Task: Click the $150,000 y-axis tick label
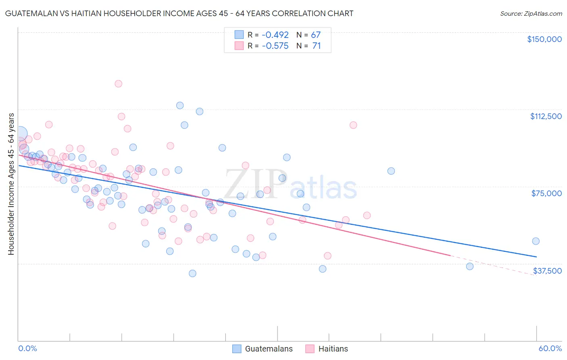pos(544,39)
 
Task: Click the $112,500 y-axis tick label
pos(546,116)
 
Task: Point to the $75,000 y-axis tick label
pos(546,193)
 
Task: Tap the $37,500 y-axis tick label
pos(547,271)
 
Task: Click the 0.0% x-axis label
pos(27,349)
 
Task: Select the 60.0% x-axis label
pos(550,349)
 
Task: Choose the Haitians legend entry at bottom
pos(327,349)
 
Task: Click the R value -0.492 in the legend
pos(275,35)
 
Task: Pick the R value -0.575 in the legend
pos(275,46)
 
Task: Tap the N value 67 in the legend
pos(316,35)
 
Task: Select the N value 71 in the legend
pos(316,46)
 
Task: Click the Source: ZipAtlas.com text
pos(531,14)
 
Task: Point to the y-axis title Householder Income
pos(11,184)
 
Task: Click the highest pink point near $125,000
pos(118,84)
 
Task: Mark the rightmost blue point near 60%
pos(536,241)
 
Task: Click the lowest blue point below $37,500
pos(192,274)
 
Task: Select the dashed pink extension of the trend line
pos(492,265)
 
